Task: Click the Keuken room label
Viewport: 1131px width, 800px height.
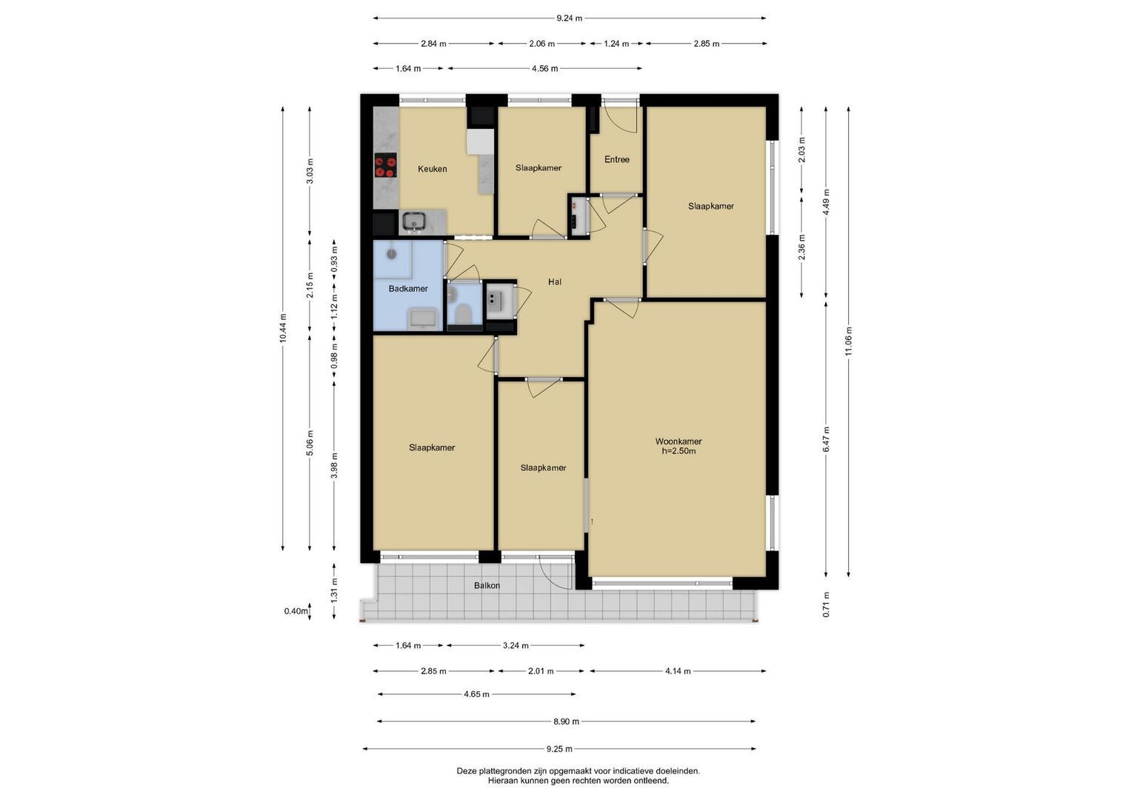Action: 433,169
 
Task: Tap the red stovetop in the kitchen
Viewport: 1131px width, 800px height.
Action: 385,166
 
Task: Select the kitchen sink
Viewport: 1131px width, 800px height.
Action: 414,221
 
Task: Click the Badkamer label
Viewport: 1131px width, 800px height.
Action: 408,288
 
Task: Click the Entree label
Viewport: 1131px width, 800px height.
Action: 617,159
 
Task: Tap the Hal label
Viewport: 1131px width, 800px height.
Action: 555,281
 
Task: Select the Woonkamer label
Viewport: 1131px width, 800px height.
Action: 678,441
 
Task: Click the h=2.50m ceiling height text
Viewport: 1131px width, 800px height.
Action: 678,451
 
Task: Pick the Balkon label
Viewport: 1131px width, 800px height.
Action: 487,585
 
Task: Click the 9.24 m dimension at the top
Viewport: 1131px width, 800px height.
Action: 570,19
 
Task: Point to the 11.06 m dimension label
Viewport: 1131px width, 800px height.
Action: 848,341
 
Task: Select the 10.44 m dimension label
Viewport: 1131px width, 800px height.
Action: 283,328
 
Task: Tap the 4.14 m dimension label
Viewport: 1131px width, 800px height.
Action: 678,671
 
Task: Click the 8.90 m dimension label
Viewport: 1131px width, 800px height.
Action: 566,721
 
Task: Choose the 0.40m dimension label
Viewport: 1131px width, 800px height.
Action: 296,611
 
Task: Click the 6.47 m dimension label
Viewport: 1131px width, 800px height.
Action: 826,439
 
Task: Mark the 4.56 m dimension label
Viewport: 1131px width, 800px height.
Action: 545,68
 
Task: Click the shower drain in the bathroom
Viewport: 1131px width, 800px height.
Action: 391,253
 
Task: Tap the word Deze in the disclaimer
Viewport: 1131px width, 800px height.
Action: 466,771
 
